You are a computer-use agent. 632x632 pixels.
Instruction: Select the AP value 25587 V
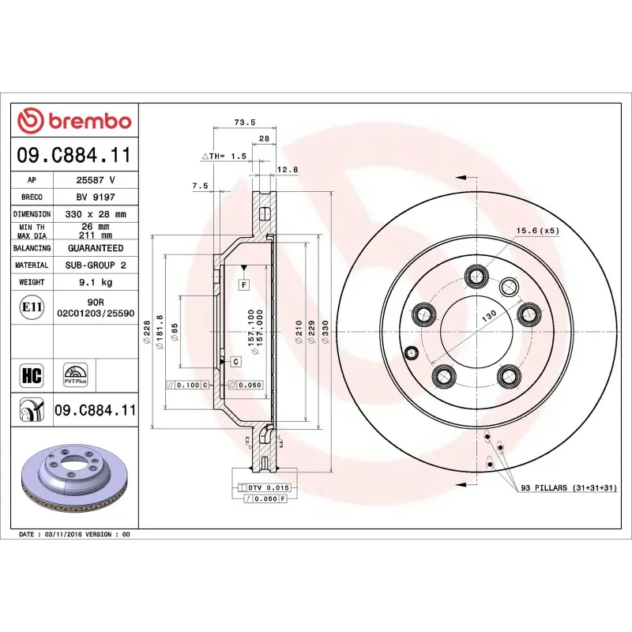96,180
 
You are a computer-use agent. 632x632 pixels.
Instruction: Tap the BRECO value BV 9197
96,197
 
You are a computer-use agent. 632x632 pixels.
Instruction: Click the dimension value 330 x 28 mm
96,214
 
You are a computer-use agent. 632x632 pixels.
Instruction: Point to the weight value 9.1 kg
96,282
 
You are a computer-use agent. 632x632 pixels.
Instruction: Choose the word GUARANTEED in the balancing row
96,248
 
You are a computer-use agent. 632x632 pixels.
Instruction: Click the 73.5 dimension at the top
245,122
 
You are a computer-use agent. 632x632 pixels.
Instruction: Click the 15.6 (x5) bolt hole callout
537,231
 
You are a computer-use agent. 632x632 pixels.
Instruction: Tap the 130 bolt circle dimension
490,314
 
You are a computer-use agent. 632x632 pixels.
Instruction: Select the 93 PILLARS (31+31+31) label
568,489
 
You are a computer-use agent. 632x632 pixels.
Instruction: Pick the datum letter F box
244,284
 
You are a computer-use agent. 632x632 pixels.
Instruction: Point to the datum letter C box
235,361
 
